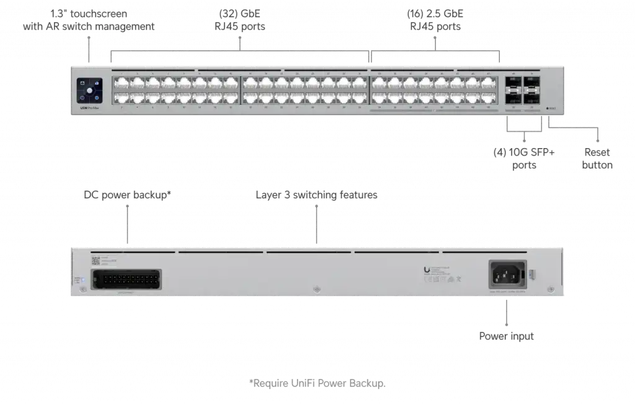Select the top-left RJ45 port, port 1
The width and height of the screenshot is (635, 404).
(121, 83)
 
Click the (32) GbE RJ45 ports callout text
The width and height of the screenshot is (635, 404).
(241, 19)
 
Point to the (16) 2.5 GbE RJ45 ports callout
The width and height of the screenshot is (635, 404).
(436, 19)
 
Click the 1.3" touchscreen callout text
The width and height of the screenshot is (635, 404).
(89, 19)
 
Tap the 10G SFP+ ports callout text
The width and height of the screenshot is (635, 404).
(524, 158)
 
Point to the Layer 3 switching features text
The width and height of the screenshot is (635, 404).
(316, 195)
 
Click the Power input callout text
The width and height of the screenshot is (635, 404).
(506, 336)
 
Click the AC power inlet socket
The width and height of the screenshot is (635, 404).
(507, 274)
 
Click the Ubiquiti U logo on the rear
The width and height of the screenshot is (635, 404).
(426, 270)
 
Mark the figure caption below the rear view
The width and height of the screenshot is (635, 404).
(317, 382)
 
